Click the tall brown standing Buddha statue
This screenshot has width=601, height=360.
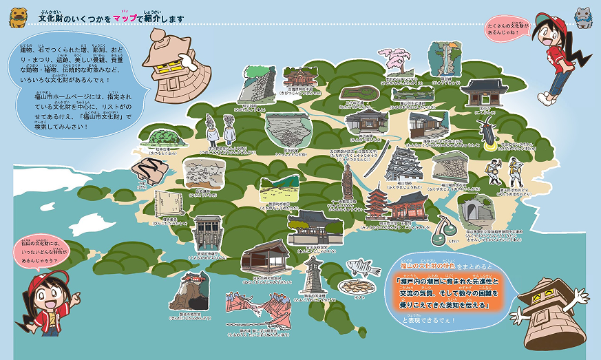(x=347, y=182)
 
